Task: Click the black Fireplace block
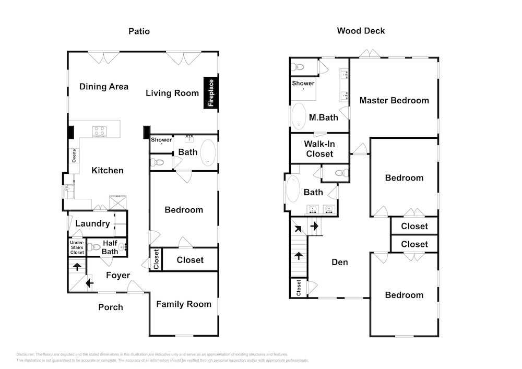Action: pyautogui.click(x=211, y=93)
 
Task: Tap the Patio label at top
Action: pyautogui.click(x=139, y=31)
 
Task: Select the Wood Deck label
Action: pyautogui.click(x=361, y=31)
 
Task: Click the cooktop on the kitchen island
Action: pyautogui.click(x=99, y=131)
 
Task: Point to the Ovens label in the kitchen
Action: pyautogui.click(x=74, y=156)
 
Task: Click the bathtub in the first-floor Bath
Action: pyautogui.click(x=208, y=152)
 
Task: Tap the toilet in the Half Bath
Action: pyautogui.click(x=94, y=247)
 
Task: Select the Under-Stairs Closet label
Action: pyautogui.click(x=77, y=247)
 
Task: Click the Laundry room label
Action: pyautogui.click(x=92, y=223)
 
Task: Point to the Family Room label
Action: pyautogui.click(x=184, y=304)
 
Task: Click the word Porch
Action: pyautogui.click(x=111, y=307)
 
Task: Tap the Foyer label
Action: pyautogui.click(x=118, y=275)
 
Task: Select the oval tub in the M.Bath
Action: pyautogui.click(x=299, y=116)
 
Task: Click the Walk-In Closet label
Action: pyautogui.click(x=319, y=148)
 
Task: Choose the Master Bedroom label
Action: pyautogui.click(x=394, y=100)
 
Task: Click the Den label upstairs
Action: pyautogui.click(x=339, y=262)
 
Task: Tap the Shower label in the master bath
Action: pyautogui.click(x=303, y=84)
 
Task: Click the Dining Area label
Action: pyautogui.click(x=104, y=87)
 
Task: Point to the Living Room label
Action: pyautogui.click(x=172, y=93)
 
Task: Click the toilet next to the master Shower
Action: pyautogui.click(x=298, y=67)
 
